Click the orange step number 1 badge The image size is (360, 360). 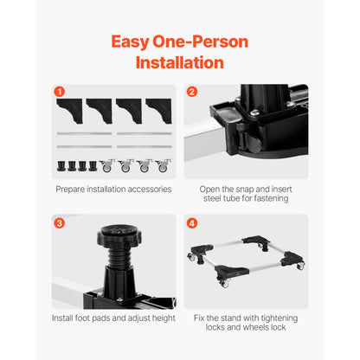[x=60, y=91]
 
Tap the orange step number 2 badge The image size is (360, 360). [x=191, y=91]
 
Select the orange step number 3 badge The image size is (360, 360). [x=60, y=222]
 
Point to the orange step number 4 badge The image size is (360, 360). [x=191, y=222]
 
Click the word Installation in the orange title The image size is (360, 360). [x=179, y=62]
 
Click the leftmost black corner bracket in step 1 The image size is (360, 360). [x=68, y=108]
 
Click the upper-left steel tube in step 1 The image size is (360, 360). [x=84, y=133]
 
